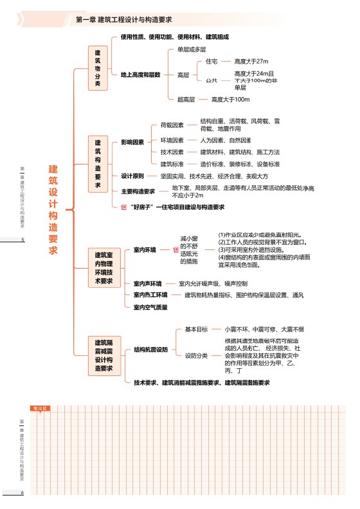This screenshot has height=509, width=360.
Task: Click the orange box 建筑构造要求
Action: pyautogui.click(x=98, y=164)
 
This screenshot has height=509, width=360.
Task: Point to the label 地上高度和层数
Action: pyautogui.click(x=140, y=75)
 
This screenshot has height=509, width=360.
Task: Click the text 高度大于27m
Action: pyautogui.click(x=251, y=61)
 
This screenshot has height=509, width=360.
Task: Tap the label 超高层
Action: pyautogui.click(x=186, y=100)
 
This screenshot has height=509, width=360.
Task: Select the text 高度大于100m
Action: pyautogui.click(x=230, y=100)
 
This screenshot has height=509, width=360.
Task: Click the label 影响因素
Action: pyautogui.click(x=132, y=142)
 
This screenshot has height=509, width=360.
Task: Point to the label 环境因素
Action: pyautogui.click(x=172, y=140)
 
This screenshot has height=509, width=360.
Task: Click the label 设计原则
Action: pyautogui.click(x=132, y=176)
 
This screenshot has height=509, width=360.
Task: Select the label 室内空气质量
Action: pyautogui.click(x=150, y=307)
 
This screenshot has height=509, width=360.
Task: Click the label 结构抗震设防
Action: pyautogui.click(x=150, y=350)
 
